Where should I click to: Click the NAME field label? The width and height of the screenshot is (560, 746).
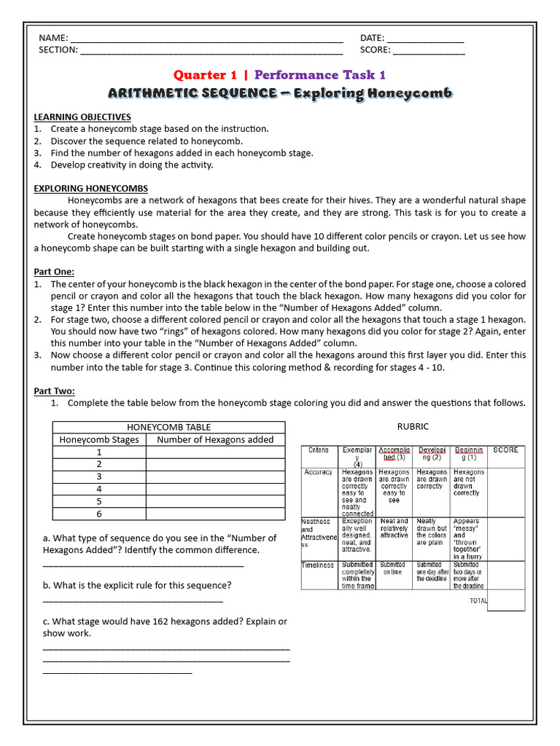click(x=53, y=38)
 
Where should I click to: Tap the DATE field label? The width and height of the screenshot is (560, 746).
click(x=372, y=38)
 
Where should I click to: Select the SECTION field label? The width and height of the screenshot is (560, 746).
click(x=58, y=50)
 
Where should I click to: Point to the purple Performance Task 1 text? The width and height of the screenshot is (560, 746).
click(x=319, y=75)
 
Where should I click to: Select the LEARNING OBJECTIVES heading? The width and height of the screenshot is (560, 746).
click(x=82, y=117)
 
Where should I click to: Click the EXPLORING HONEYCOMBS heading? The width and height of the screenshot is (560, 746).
click(x=90, y=188)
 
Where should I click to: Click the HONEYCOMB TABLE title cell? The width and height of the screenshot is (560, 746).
click(x=168, y=427)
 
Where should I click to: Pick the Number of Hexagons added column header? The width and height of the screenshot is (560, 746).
click(x=215, y=439)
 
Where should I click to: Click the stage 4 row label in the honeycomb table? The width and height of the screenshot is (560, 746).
click(x=99, y=489)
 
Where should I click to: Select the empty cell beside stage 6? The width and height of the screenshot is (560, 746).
click(x=215, y=514)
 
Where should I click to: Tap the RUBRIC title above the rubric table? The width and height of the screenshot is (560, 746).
click(x=412, y=426)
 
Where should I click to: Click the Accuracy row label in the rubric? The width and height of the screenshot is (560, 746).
click(x=318, y=472)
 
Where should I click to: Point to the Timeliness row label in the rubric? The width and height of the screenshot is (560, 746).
click(x=318, y=565)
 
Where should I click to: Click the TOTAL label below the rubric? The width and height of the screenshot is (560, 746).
click(x=478, y=601)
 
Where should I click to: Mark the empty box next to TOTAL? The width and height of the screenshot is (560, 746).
click(x=506, y=600)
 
